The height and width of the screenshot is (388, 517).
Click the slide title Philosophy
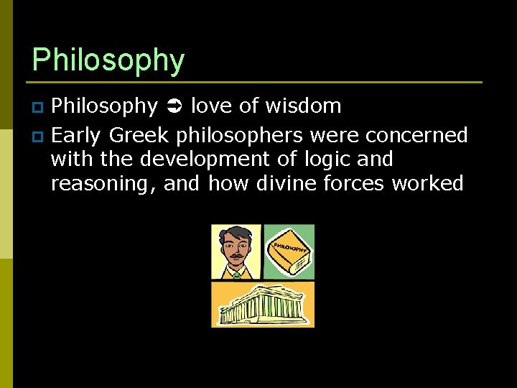[x=108, y=60]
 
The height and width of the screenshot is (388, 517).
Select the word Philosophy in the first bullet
[x=105, y=107]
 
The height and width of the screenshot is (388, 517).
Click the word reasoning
[x=103, y=184]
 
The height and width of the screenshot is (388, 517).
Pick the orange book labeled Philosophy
[x=289, y=252]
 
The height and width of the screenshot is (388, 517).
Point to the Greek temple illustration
[x=263, y=304]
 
